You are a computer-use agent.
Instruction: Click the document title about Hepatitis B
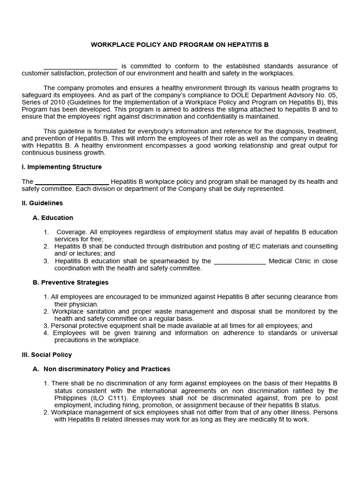(x=180, y=45)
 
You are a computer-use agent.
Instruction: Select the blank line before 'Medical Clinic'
(x=240, y=261)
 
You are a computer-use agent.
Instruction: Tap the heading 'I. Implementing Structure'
(x=61, y=167)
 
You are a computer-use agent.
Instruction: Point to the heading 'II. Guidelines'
(x=42, y=203)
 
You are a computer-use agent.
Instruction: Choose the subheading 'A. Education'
(x=52, y=217)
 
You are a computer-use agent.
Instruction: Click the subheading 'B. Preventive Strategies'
(x=70, y=283)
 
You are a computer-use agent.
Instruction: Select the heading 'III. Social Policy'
(x=46, y=355)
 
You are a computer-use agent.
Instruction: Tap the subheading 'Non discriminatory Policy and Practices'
(x=106, y=369)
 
